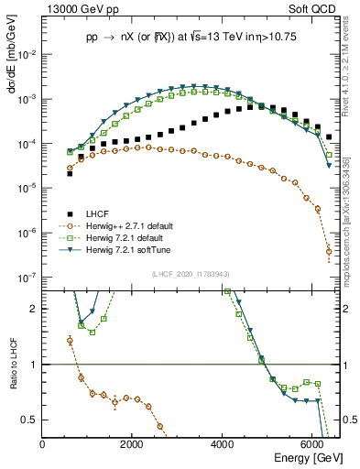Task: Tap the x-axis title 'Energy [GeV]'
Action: [308, 459]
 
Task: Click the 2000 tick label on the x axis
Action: [133, 444]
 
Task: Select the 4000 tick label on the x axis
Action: [223, 444]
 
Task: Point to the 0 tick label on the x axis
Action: [43, 444]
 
